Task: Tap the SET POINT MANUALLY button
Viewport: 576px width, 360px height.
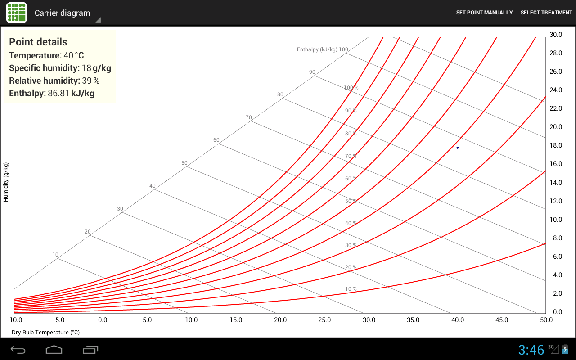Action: (484, 13)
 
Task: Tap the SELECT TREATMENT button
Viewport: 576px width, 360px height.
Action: (546, 13)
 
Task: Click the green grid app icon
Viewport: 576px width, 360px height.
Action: (17, 13)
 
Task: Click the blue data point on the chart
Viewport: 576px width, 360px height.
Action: (458, 148)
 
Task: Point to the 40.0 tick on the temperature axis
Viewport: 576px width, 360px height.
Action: (458, 320)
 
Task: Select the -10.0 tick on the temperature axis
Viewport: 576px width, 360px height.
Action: (14, 320)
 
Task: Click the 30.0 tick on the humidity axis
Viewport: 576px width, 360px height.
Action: (556, 35)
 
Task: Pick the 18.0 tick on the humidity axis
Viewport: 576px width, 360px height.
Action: (556, 145)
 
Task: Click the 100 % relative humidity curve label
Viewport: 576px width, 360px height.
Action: (351, 88)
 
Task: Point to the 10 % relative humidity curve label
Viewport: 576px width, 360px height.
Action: (351, 289)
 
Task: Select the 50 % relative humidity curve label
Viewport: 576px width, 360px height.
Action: (351, 201)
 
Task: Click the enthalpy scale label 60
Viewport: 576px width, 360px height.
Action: (216, 140)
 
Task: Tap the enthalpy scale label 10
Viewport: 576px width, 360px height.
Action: (55, 255)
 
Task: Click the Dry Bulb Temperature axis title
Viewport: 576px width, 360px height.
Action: (46, 332)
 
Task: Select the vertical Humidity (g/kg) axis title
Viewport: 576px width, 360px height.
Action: (6, 182)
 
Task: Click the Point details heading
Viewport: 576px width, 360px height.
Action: (38, 42)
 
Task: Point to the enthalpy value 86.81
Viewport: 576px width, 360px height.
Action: (58, 93)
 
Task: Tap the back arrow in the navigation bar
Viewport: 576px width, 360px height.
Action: (18, 350)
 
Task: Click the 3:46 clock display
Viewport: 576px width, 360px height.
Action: (531, 350)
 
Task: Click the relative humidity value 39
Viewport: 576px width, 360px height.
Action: (87, 81)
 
